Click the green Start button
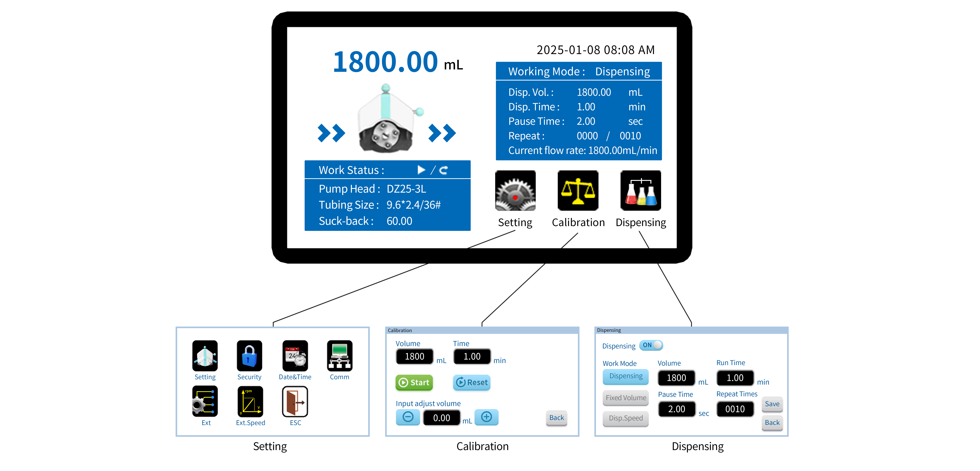click(414, 382)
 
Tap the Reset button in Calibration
click(472, 382)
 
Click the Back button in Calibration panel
click(556, 418)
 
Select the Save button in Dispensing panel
click(772, 404)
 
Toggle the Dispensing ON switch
click(651, 345)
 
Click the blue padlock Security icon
click(249, 356)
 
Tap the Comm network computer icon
click(339, 356)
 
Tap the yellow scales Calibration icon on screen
click(578, 190)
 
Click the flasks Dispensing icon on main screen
click(641, 190)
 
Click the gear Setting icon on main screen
click(515, 190)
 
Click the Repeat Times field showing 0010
click(735, 409)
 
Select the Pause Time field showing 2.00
click(676, 409)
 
